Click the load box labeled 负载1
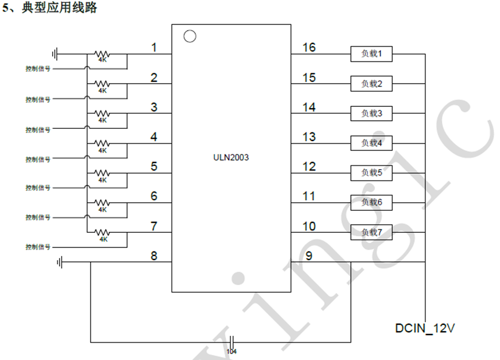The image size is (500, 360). (x=372, y=54)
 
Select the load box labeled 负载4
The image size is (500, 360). (x=372, y=143)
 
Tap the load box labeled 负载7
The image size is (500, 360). (x=372, y=232)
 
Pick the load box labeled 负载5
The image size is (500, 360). (x=372, y=172)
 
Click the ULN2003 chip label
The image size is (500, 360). (x=231, y=157)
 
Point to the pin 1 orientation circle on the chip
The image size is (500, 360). (x=189, y=36)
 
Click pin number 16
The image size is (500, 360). (x=309, y=47)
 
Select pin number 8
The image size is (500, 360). (x=154, y=255)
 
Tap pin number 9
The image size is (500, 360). (x=309, y=255)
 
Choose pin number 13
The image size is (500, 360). (x=309, y=136)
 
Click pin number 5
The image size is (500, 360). (x=154, y=166)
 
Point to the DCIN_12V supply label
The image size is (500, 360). (x=425, y=329)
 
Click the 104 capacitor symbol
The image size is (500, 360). (x=232, y=342)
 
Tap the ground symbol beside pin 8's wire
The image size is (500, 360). (x=60, y=262)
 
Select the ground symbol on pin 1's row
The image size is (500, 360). (x=55, y=54)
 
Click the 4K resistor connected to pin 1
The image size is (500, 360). (x=102, y=55)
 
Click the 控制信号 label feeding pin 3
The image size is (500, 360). (x=38, y=129)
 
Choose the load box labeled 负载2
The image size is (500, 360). (x=372, y=84)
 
